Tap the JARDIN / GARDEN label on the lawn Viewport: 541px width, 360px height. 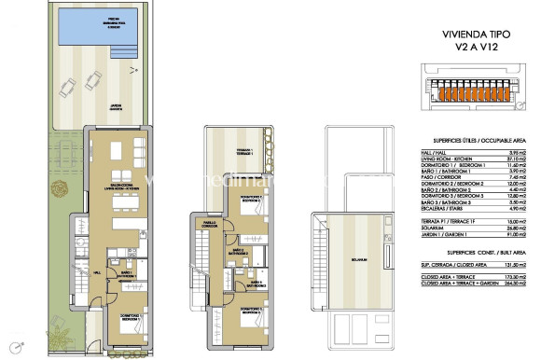coord(116,105)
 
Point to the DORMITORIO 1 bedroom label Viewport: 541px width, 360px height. coord(127,318)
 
